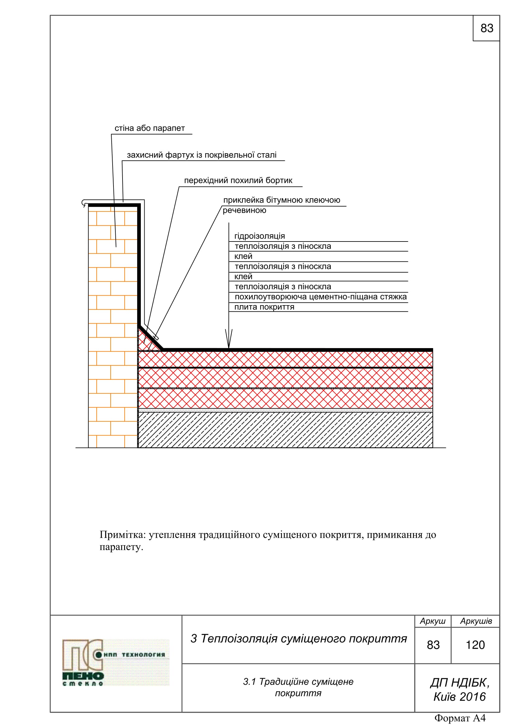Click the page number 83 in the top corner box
(x=486, y=28)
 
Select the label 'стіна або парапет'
(x=150, y=128)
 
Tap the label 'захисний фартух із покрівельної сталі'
(x=201, y=155)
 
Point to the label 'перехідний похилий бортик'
(x=238, y=181)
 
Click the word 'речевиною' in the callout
(x=244, y=210)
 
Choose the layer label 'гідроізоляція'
(x=259, y=236)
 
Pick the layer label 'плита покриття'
(x=264, y=307)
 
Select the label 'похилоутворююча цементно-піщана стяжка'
(x=321, y=297)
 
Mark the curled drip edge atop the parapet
(x=84, y=203)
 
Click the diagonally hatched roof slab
(x=285, y=430)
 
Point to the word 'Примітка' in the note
(x=122, y=535)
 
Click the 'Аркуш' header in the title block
(x=433, y=621)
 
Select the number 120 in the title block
(x=475, y=645)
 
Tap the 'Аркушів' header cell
(x=476, y=621)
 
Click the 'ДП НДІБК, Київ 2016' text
(x=460, y=690)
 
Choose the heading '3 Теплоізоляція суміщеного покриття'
(x=298, y=639)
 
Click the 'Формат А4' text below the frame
(x=460, y=718)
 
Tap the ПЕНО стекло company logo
(x=116, y=663)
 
